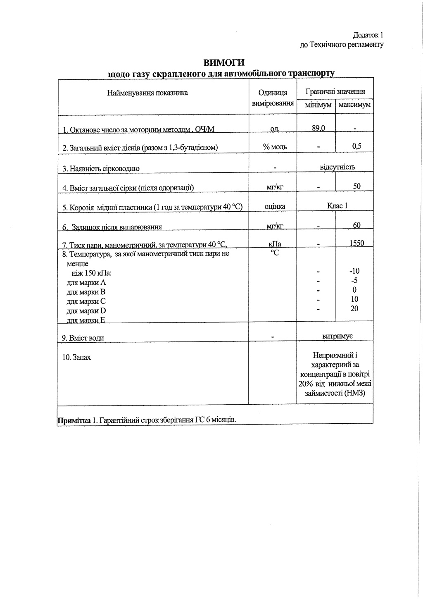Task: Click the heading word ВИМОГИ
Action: point(224,62)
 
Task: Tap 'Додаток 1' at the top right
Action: point(368,35)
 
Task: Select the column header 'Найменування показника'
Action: point(147,93)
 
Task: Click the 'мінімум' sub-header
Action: point(318,105)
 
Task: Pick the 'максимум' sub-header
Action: point(354,105)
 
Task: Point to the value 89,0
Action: point(318,128)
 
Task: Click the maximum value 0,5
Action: point(357,146)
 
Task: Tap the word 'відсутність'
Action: point(337,167)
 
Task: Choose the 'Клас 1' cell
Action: point(337,205)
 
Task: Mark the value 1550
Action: point(356,243)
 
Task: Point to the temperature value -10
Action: point(354,271)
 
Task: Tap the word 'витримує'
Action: point(337,336)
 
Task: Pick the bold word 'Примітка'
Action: point(74,420)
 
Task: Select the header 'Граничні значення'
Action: point(335,92)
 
